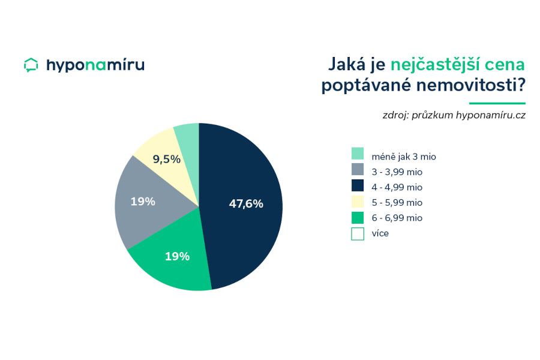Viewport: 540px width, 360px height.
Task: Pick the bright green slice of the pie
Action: pyautogui.click(x=174, y=264)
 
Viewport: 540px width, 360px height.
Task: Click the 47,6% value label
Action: pyautogui.click(x=246, y=203)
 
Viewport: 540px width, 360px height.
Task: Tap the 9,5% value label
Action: pyautogui.click(x=166, y=160)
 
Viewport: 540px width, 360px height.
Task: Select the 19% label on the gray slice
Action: pyautogui.click(x=143, y=202)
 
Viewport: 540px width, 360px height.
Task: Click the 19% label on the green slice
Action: pyautogui.click(x=177, y=256)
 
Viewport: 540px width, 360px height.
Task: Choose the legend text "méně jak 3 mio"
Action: pyautogui.click(x=403, y=157)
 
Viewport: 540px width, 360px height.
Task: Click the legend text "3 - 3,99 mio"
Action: pyautogui.click(x=397, y=172)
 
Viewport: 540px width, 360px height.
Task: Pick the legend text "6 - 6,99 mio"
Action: pyautogui.click(x=397, y=218)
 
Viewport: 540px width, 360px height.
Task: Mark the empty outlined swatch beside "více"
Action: pyautogui.click(x=358, y=233)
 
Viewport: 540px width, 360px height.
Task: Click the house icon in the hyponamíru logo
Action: pyautogui.click(x=31, y=65)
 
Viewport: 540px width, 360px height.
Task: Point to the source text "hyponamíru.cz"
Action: pyautogui.click(x=490, y=115)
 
